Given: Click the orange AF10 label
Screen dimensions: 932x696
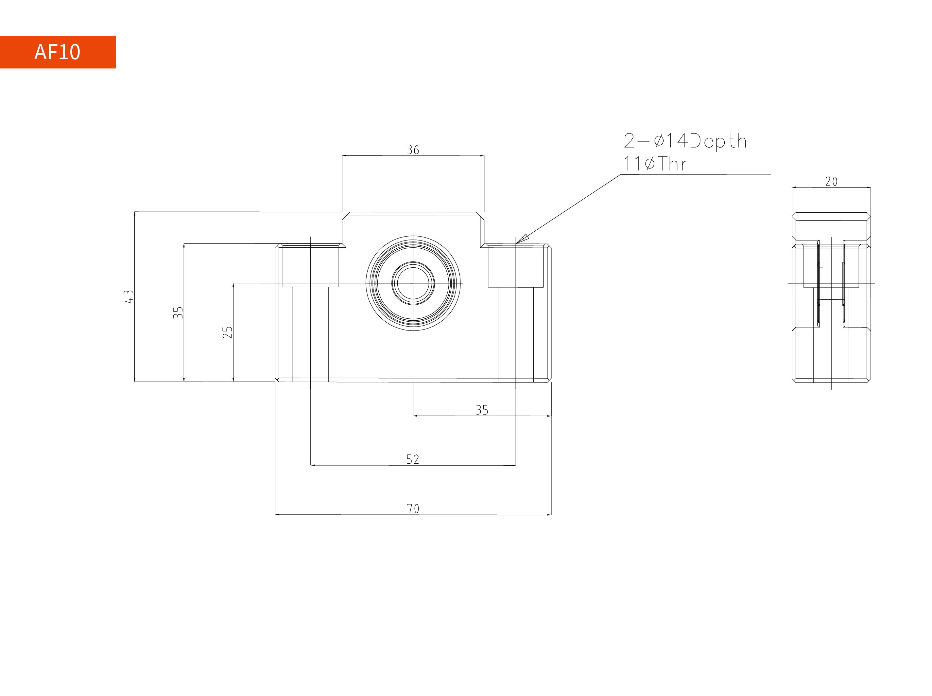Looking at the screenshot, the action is pos(58,52).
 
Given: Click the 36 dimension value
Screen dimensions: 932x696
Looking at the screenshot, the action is pos(413,150).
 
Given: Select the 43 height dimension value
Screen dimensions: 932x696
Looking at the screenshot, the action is pos(129,296).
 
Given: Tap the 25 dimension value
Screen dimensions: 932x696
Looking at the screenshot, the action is pos(227,332).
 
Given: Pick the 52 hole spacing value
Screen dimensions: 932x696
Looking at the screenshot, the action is pos(413,459).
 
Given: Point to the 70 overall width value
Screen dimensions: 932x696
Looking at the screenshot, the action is pos(413,509).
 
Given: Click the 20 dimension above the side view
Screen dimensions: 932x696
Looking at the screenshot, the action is pos(831,182).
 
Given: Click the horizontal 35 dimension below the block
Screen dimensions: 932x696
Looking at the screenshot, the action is pos(482,410).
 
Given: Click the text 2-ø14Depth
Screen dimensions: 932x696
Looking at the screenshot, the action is pos(685,141).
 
